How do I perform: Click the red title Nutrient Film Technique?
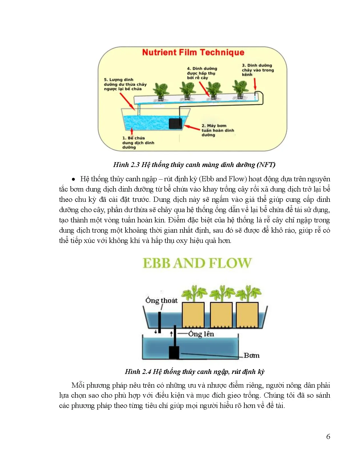(193, 53)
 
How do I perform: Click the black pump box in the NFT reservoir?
(175, 124)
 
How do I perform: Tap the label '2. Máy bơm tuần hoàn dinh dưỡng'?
(218, 130)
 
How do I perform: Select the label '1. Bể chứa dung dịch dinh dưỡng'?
(138, 142)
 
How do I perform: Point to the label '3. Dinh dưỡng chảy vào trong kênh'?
(258, 70)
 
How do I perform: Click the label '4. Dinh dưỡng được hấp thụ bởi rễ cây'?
(202, 73)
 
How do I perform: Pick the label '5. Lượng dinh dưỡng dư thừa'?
(125, 84)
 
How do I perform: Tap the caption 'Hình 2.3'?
(194, 165)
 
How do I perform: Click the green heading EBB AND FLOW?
(197, 263)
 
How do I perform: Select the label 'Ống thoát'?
(161, 300)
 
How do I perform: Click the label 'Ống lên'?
(201, 334)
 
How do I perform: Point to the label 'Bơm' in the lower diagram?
(252, 355)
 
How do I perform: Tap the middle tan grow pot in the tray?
(221, 315)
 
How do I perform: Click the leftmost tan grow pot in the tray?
(193, 315)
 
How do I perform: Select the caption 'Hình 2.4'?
(194, 372)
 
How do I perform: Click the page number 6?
(328, 436)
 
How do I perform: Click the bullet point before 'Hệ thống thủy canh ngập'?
(73, 179)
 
